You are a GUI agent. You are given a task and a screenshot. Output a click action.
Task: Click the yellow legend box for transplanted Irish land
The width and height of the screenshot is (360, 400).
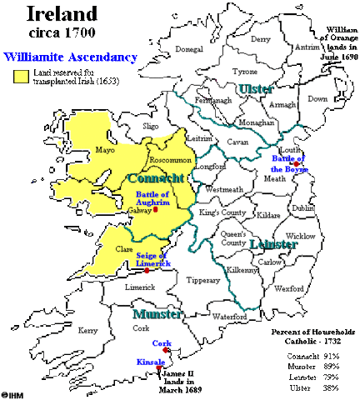coord(20,76)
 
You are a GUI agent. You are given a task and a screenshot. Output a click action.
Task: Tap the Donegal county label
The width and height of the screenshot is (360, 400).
coord(195,49)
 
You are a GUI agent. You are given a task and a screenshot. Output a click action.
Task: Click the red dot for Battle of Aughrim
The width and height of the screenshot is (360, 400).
coord(156,209)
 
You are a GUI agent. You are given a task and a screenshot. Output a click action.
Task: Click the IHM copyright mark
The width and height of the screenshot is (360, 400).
coord(13,393)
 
